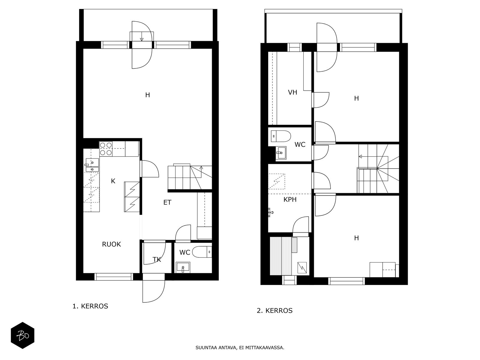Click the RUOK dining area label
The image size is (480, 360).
pyautogui.click(x=111, y=244)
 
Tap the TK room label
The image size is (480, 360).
pyautogui.click(x=157, y=260)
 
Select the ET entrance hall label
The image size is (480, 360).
pyautogui.click(x=167, y=202)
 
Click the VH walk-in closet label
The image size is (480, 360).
pyautogui.click(x=292, y=92)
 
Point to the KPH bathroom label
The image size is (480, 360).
pyautogui.click(x=290, y=199)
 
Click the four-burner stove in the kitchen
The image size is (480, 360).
pyautogui.click(x=106, y=148)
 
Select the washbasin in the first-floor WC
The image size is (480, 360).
pyautogui.click(x=183, y=267)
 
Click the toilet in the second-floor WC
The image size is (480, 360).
pyautogui.click(x=281, y=136)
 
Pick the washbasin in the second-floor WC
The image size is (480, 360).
pyautogui.click(x=281, y=153)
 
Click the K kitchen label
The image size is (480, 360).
pyautogui.click(x=113, y=181)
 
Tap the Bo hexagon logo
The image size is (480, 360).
pyautogui.click(x=23, y=335)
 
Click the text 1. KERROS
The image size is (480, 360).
pyautogui.click(x=90, y=306)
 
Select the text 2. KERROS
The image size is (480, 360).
pyautogui.click(x=275, y=310)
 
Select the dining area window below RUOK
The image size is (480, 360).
pyautogui.click(x=114, y=277)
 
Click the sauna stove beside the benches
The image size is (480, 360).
pyautogui.click(x=302, y=268)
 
